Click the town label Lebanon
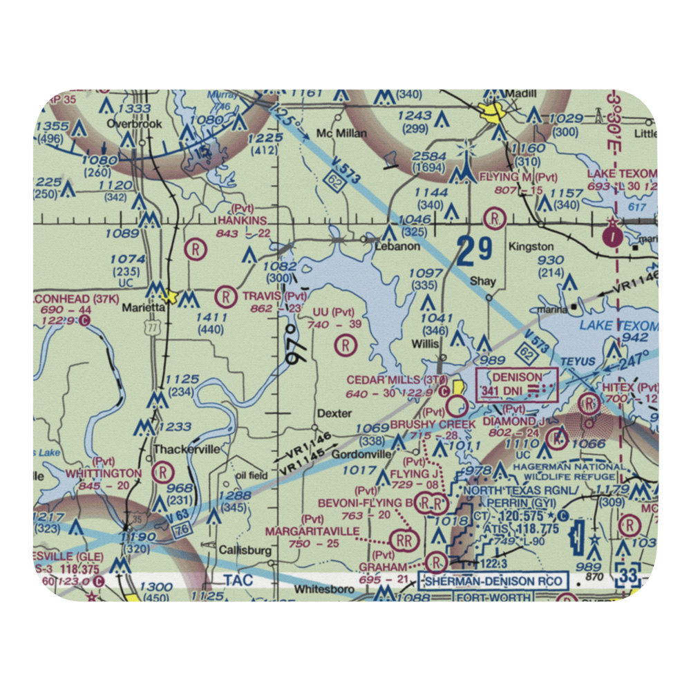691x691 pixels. pos(388,246)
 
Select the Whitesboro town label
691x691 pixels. pos(323,589)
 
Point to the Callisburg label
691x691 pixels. pos(237,550)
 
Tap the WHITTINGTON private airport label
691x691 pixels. pos(104,473)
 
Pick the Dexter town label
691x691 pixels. pos(334,413)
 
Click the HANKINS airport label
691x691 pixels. pos(241,220)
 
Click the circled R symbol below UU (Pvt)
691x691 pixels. pos(345,344)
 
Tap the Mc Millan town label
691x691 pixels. pos(341,133)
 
